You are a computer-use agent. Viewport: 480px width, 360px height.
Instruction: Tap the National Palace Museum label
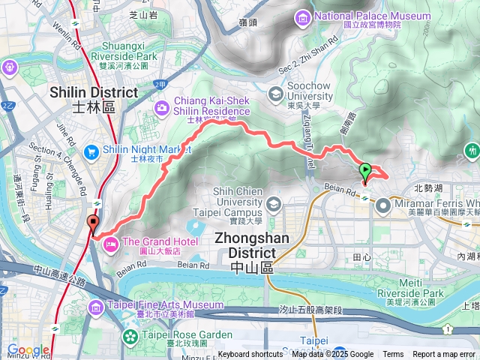(366, 16)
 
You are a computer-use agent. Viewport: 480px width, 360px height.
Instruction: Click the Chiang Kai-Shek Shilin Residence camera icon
(162, 109)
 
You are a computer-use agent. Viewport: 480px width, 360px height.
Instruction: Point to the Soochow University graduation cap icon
(276, 93)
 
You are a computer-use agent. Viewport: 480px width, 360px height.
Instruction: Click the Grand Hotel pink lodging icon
(110, 243)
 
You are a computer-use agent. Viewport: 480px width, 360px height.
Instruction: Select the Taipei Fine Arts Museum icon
(96, 306)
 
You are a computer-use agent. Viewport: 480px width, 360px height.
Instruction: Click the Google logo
(28, 349)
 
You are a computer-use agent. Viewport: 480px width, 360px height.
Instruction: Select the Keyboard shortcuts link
(250, 355)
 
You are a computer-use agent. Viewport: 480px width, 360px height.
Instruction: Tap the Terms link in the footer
(393, 355)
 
